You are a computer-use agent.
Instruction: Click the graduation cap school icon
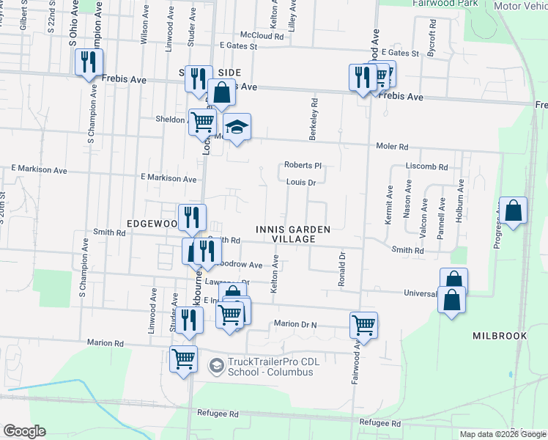click(x=237, y=128)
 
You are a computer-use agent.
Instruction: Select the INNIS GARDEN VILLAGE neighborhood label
click(x=293, y=234)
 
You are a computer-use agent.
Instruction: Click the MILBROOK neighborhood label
click(x=500, y=335)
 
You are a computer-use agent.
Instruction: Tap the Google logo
click(x=24, y=431)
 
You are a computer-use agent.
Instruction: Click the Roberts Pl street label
click(x=303, y=166)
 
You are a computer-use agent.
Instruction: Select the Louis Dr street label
click(x=300, y=182)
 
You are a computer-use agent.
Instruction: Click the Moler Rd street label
click(x=392, y=146)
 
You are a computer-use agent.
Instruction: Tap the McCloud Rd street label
click(x=262, y=35)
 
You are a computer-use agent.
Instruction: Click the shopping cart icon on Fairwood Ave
click(x=364, y=324)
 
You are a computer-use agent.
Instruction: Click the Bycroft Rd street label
click(x=433, y=34)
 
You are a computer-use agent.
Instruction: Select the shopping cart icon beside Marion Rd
click(x=183, y=359)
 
